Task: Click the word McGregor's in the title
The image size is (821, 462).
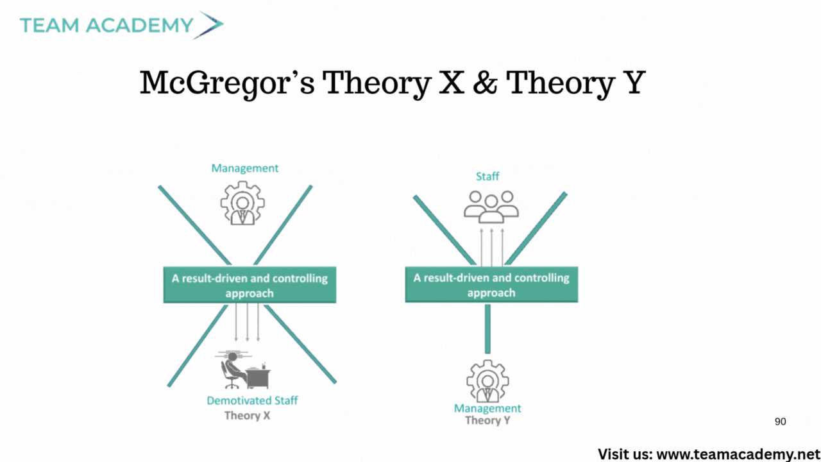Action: (x=227, y=83)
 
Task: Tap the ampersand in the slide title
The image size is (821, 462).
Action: (x=486, y=83)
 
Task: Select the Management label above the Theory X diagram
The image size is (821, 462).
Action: (x=245, y=168)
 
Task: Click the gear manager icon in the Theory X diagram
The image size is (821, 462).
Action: (x=242, y=203)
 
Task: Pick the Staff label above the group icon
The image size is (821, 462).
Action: (x=487, y=176)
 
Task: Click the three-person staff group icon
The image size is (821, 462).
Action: (x=491, y=207)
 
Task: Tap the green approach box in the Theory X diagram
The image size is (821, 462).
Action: (x=250, y=285)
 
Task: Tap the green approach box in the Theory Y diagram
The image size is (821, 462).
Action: (x=491, y=284)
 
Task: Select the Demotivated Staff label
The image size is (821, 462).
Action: (x=252, y=400)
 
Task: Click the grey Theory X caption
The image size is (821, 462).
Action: (x=248, y=415)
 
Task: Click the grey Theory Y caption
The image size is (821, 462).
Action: (x=488, y=420)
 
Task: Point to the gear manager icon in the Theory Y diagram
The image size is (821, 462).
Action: (x=487, y=381)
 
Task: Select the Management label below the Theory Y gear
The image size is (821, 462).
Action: (x=487, y=408)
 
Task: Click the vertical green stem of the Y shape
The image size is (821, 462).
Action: (x=487, y=329)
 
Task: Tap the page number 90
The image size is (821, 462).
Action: (x=781, y=422)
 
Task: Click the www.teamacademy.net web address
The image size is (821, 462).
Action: (x=738, y=454)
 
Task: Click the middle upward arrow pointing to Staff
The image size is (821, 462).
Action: (x=492, y=247)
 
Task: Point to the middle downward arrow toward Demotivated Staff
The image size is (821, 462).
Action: (x=248, y=322)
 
